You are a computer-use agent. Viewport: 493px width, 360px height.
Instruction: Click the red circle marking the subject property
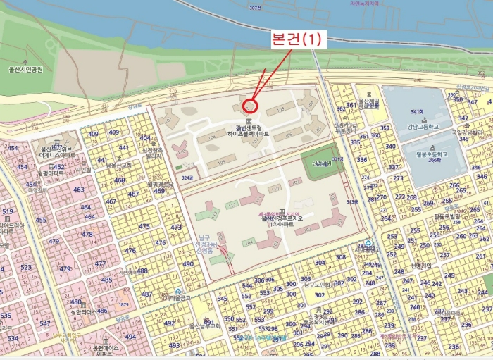250,106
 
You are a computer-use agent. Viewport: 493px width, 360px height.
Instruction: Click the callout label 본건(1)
296,39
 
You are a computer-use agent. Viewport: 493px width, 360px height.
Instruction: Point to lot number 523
25,268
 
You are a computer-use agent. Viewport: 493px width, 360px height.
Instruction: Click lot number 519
8,211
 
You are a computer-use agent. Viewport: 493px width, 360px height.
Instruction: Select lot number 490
188,264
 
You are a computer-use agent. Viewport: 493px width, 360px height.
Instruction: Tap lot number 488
142,271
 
